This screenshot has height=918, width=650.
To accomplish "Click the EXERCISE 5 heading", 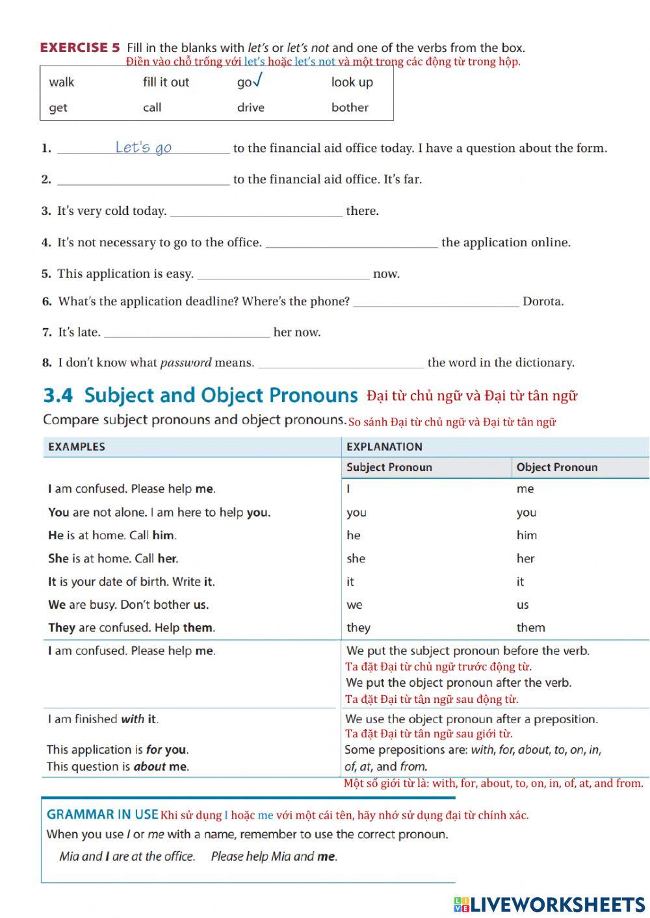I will (x=80, y=47).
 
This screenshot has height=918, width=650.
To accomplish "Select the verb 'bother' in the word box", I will (x=350, y=107).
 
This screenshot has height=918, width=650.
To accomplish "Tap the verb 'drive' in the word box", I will (x=250, y=107).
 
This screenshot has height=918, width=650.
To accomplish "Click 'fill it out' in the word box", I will (x=166, y=82).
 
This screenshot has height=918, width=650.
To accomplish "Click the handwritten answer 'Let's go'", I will (x=143, y=147).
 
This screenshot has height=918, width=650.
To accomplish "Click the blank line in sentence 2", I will (x=143, y=180).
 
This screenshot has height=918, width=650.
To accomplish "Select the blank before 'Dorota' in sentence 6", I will (x=435, y=301).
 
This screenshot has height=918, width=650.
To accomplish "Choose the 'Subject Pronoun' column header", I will (x=389, y=467).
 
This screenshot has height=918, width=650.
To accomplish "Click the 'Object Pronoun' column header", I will (x=556, y=467).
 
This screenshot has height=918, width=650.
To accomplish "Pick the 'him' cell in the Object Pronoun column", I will (x=526, y=535).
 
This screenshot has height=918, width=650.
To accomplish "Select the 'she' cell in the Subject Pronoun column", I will (x=356, y=558).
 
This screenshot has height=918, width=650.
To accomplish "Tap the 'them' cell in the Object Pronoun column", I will (x=530, y=628).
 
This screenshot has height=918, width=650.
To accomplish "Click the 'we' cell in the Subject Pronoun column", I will (x=354, y=605).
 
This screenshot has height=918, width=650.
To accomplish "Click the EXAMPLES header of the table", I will (x=76, y=447).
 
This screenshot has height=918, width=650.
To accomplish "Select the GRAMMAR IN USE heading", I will (x=102, y=814).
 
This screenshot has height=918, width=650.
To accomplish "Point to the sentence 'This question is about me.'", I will (x=118, y=767).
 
